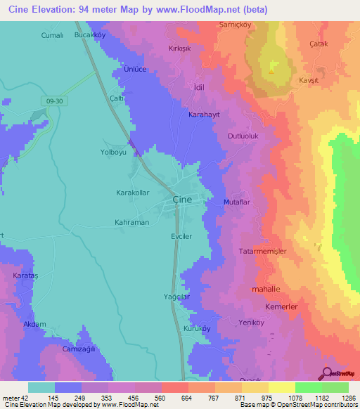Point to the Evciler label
click(181, 237)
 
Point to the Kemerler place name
click(281, 307)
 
